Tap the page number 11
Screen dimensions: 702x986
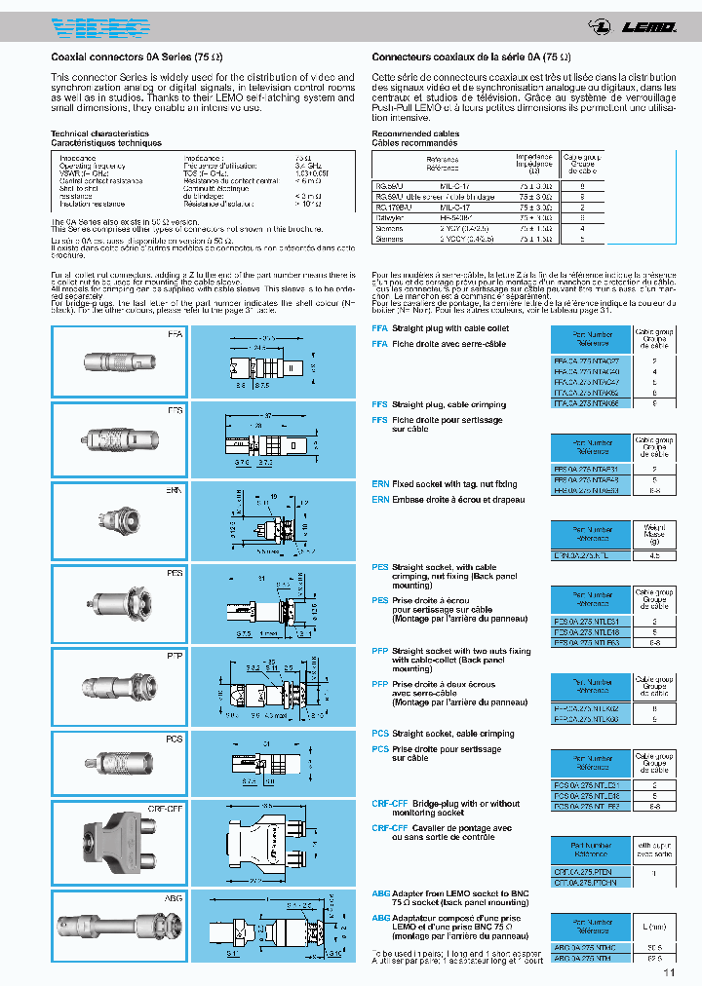(x=669, y=971)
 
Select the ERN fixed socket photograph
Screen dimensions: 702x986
(x=116, y=521)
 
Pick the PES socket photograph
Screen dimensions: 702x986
(x=116, y=604)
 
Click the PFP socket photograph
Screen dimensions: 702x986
(x=116, y=686)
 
